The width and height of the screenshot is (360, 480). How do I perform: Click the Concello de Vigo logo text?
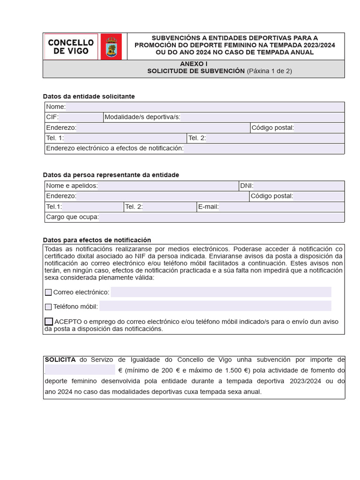71,46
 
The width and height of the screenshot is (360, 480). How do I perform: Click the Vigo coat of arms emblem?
111,47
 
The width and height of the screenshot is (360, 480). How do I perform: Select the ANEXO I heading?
193,63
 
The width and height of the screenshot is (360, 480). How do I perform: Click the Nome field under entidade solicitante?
204,107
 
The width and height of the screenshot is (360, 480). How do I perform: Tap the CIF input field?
80,117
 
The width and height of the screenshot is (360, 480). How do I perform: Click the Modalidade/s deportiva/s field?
262,117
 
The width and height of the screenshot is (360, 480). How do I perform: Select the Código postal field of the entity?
319,128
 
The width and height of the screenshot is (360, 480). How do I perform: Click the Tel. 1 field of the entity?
125,138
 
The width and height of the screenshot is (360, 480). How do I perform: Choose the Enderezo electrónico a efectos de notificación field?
263,149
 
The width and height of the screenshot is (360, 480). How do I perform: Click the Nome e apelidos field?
167,186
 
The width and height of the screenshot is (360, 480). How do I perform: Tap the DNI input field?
299,186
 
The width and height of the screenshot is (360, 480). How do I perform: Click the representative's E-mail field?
281,207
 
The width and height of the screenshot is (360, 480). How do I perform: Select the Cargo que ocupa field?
221,217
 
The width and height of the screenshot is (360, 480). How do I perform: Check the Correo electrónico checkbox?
48,292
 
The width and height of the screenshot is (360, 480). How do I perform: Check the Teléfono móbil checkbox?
48,307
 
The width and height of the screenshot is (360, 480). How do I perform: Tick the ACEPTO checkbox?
49,322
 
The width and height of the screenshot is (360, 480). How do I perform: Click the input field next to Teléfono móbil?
215,307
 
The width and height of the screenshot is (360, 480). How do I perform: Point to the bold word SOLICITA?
60,360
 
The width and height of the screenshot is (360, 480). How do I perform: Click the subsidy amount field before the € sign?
80,370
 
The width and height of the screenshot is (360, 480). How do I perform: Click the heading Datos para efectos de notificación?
97,240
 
